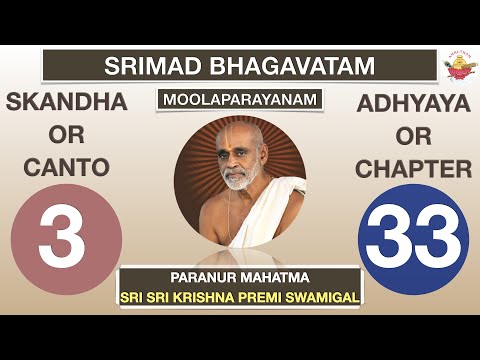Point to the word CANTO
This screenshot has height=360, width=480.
point(66,169)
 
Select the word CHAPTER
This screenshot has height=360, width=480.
point(413,169)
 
